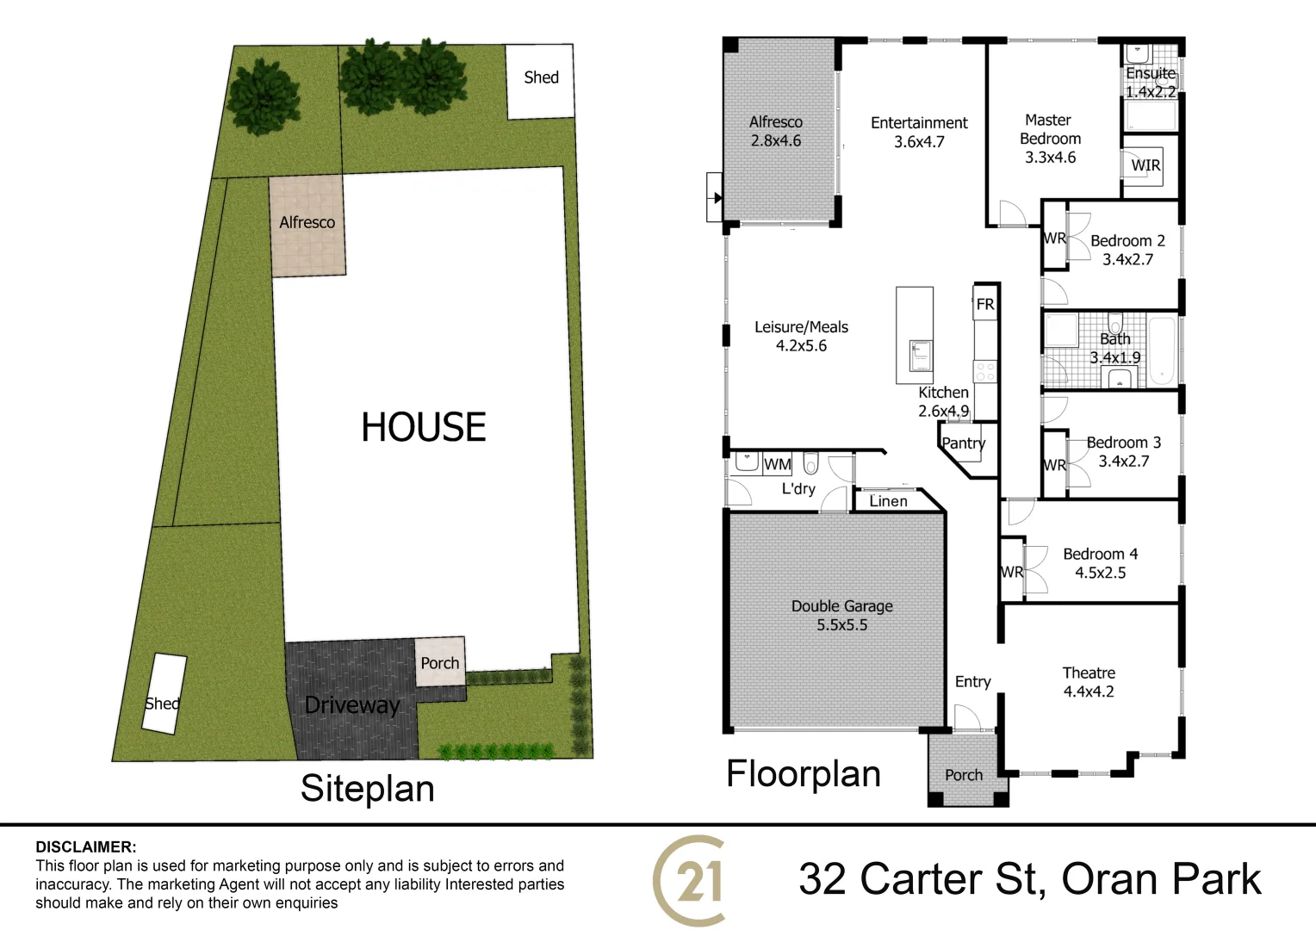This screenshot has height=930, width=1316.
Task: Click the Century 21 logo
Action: [x=690, y=880]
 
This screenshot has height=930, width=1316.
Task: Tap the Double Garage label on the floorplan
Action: [x=841, y=606]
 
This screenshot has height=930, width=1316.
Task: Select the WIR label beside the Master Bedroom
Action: [x=1145, y=165]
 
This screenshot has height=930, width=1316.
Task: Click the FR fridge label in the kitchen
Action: [x=985, y=304]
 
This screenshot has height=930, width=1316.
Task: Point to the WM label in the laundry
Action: [x=777, y=464]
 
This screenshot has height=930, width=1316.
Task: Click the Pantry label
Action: [x=963, y=443]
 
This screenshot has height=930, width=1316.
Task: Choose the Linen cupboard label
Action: [x=888, y=501]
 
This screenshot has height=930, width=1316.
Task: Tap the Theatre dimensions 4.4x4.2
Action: [x=1089, y=691]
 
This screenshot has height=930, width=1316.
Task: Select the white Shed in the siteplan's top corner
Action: [x=540, y=81]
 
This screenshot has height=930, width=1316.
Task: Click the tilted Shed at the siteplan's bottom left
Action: [x=164, y=694]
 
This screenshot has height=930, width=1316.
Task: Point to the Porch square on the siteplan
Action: [x=440, y=662]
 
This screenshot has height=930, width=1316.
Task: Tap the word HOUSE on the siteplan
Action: [x=423, y=427]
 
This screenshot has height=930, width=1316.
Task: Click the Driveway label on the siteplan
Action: [x=352, y=705]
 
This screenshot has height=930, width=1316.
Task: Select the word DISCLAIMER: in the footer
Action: [x=86, y=847]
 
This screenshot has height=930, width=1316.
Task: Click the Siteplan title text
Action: [x=367, y=789]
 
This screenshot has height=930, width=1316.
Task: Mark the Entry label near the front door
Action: [x=972, y=682]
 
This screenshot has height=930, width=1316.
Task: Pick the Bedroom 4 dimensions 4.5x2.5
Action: [x=1100, y=573]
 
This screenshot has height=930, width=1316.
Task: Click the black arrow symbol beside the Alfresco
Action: [x=717, y=198]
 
